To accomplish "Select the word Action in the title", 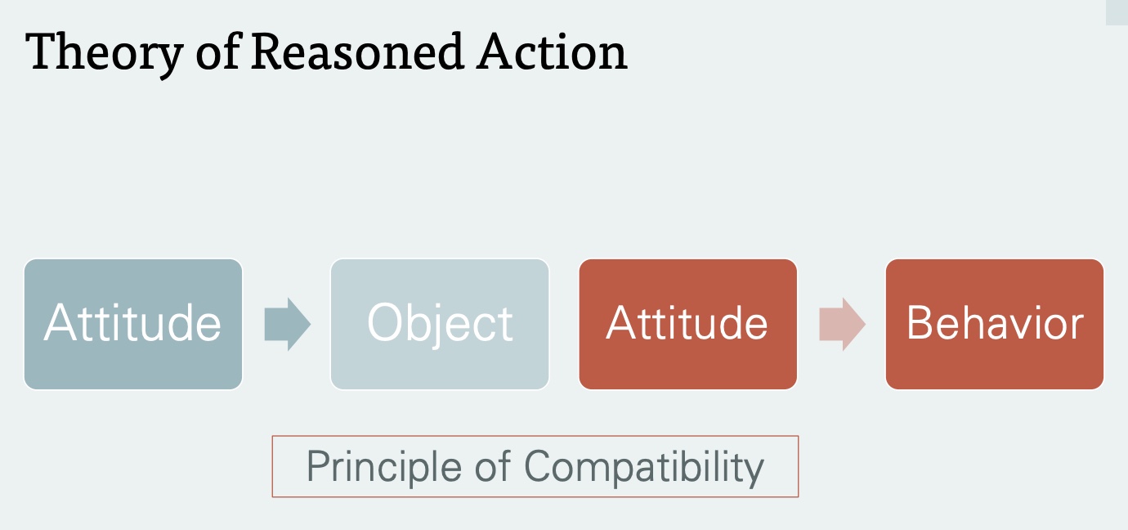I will pos(553,52).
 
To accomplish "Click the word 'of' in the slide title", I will pos(220,52).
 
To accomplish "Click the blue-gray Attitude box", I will pos(133,324).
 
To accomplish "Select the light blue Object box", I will pos(440,324).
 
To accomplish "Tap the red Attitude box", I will pos(687,324).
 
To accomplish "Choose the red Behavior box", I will pos(995,324).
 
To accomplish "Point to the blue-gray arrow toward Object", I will pos(287,324).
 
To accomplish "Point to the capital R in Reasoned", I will pos(266,52).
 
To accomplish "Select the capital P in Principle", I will pos(317,467).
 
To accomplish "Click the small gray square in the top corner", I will pos(1117,12).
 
